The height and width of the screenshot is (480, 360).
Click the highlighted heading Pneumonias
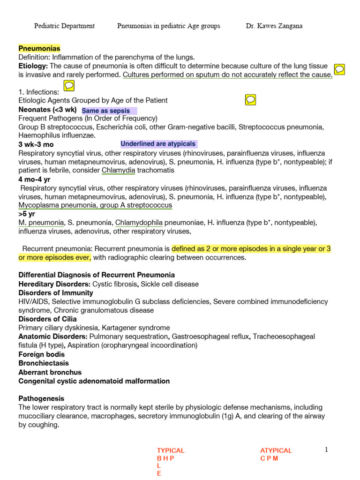(x=39, y=48)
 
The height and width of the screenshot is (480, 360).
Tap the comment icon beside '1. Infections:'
(x=68, y=86)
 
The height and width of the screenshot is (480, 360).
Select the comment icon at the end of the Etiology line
(x=340, y=69)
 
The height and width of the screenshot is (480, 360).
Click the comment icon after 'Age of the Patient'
(x=250, y=99)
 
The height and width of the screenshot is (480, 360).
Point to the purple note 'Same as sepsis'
(x=106, y=111)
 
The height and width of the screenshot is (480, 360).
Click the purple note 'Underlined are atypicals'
(x=158, y=144)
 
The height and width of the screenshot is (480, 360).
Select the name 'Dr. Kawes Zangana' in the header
(x=274, y=26)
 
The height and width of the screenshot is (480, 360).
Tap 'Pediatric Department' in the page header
(x=64, y=26)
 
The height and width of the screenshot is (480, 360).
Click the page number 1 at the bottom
(x=327, y=450)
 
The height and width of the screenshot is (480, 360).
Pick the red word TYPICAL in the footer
(x=171, y=450)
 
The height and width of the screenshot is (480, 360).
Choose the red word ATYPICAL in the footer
(x=276, y=450)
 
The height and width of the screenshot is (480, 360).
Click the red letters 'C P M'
(x=269, y=458)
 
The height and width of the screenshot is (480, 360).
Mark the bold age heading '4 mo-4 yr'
(x=33, y=179)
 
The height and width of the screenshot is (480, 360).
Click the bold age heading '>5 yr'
(x=27, y=214)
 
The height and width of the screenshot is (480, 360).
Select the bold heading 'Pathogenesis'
(x=41, y=398)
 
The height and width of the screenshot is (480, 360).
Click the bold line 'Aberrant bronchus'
(x=50, y=372)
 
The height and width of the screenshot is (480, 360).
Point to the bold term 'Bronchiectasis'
(x=44, y=363)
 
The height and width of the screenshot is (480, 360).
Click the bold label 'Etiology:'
(x=33, y=66)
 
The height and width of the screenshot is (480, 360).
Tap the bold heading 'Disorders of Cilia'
(x=47, y=319)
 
